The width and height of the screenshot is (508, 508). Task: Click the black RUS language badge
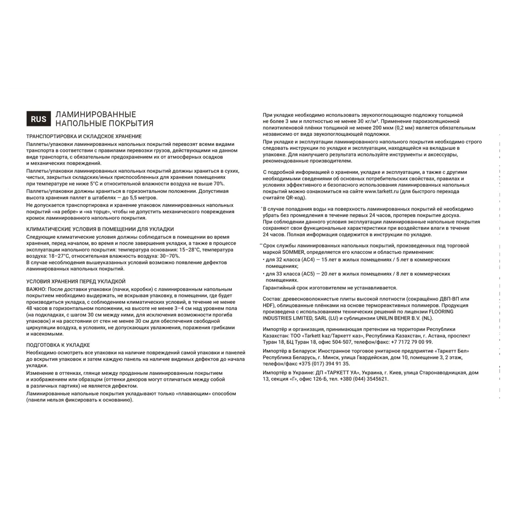pyautogui.click(x=39, y=119)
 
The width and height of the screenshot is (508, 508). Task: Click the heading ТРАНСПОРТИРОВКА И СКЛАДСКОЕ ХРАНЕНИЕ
pyautogui.click(x=84, y=137)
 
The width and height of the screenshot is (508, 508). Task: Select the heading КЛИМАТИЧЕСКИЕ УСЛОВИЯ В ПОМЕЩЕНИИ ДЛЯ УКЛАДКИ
pyautogui.click(x=100, y=229)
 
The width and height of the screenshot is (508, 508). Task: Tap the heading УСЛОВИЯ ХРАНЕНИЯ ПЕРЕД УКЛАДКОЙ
pyautogui.click(x=76, y=281)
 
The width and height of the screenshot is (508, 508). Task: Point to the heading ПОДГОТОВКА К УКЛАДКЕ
pyautogui.click(x=58, y=344)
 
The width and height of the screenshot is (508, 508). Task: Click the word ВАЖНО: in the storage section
pyautogui.click(x=37, y=288)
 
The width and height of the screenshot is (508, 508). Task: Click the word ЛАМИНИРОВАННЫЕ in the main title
pyautogui.click(x=96, y=115)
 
